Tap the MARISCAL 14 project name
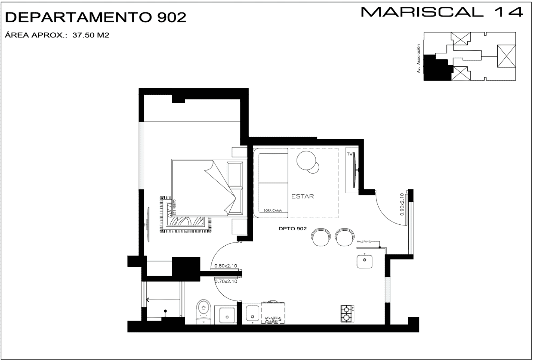coord(442,12)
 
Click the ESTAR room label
coord(302,196)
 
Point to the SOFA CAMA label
coord(273,211)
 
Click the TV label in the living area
coord(349,154)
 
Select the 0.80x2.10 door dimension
coord(225,266)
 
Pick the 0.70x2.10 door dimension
coord(225,281)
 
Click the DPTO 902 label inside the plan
coord(293,229)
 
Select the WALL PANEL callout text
coord(363,241)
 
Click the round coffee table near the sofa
coord(306,161)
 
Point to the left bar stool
coord(320,238)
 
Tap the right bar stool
coord(344,238)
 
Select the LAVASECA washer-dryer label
coord(271,319)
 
